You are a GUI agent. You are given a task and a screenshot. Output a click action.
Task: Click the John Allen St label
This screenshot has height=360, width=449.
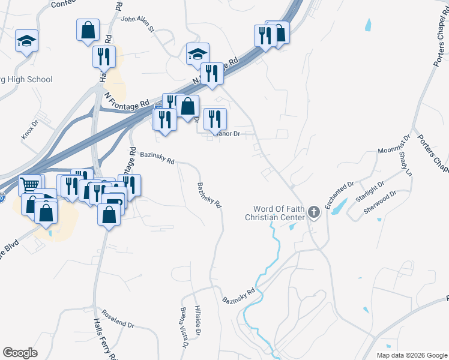tap(138, 23)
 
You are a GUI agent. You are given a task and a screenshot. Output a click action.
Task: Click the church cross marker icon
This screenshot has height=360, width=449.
tap(313, 212)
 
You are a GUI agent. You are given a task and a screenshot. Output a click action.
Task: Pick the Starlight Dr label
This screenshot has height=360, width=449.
tap(368, 193)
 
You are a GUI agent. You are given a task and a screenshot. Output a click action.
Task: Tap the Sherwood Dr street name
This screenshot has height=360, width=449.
tap(380, 203)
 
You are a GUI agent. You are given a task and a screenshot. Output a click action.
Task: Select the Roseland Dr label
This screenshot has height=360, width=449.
tap(118, 319)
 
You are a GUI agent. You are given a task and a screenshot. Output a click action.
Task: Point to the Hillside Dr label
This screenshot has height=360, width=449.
tap(199, 320)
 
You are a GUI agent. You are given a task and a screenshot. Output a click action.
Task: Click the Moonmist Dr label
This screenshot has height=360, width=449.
tap(393, 144)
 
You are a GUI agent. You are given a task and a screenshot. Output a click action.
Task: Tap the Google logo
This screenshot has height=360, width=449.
tap(20, 353)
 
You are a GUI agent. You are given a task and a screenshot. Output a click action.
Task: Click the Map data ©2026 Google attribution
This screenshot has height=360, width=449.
tap(411, 355)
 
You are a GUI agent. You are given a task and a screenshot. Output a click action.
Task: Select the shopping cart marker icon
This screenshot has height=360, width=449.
tap(30, 185)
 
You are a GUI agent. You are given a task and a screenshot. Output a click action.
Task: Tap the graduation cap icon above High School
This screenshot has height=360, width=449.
tap(26, 40)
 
